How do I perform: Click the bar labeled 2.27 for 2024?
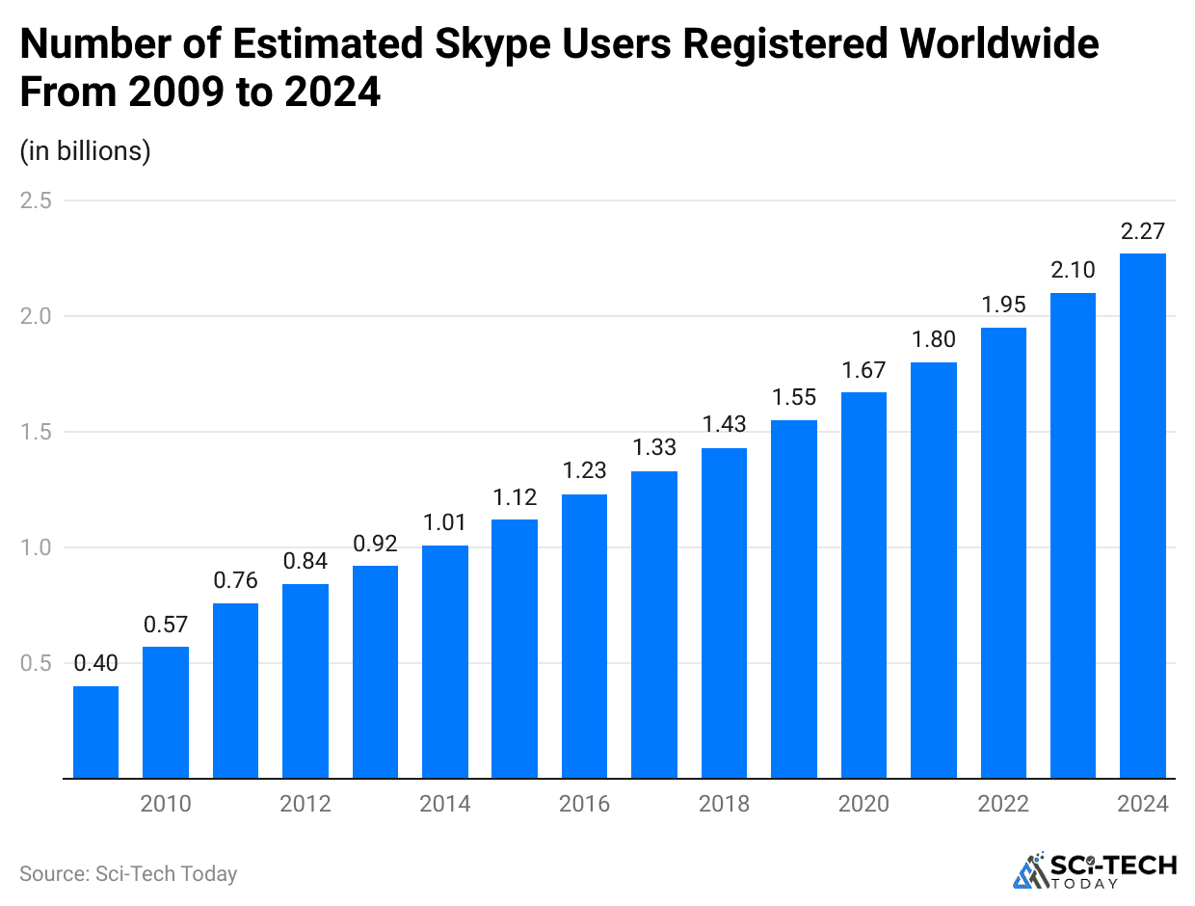[1143, 516]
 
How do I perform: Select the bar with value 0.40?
[96, 732]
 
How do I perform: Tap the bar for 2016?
[584, 636]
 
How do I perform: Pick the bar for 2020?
[863, 585]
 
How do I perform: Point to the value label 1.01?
[445, 523]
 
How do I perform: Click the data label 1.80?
[934, 340]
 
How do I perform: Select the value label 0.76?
[235, 581]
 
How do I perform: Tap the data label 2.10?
[1073, 271]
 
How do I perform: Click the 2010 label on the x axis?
[166, 804]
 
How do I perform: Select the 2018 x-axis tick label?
[724, 804]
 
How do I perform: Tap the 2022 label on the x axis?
[1003, 804]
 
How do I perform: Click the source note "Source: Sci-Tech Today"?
[128, 874]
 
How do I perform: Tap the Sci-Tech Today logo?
[1095, 870]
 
